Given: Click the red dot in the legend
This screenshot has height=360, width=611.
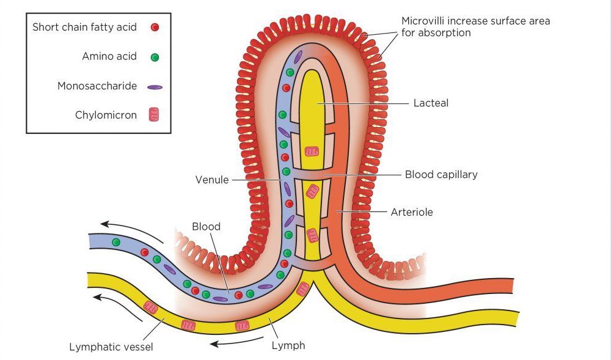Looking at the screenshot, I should [x=155, y=27].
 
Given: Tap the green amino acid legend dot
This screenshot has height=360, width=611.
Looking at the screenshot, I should [x=155, y=57].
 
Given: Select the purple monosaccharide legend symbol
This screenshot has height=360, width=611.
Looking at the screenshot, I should [x=155, y=87].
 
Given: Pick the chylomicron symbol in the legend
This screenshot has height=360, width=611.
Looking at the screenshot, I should [x=155, y=114].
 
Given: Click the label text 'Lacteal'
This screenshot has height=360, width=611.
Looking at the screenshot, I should [x=431, y=103].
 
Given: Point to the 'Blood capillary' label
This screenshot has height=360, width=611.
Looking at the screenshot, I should [x=441, y=175].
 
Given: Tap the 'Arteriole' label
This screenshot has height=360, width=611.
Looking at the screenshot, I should [x=411, y=212].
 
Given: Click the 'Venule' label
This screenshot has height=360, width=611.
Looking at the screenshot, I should [x=211, y=180].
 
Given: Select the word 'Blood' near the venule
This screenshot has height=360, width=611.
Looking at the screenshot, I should [x=206, y=227].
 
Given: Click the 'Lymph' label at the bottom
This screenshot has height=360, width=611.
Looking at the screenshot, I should [x=288, y=346].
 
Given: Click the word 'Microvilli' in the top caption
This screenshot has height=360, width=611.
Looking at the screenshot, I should [x=424, y=21].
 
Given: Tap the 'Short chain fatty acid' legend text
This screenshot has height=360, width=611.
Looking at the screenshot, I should [x=84, y=27].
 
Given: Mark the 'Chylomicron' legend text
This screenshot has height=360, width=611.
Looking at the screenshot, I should [x=106, y=115].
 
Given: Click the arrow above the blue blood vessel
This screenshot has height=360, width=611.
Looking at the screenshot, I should [x=131, y=230].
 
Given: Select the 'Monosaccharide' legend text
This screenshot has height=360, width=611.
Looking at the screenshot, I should [x=97, y=86].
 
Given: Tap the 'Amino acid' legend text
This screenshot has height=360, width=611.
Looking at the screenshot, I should [x=109, y=57].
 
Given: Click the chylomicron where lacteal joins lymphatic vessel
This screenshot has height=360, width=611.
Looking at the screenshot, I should [x=302, y=289].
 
